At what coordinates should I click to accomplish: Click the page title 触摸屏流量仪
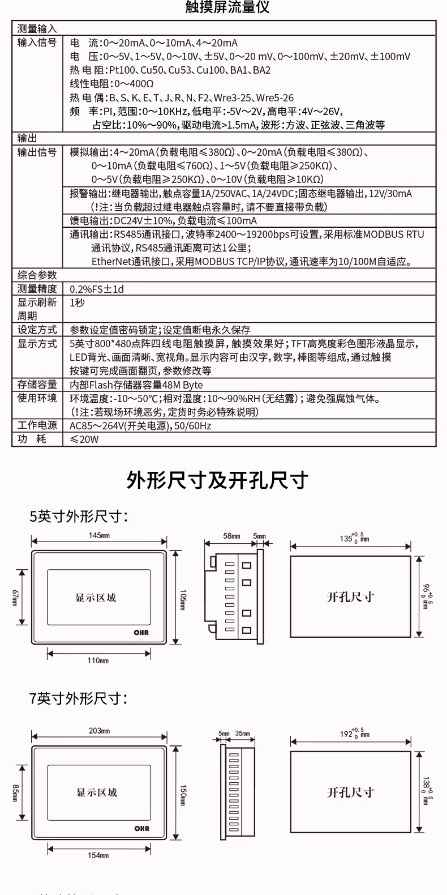click(227, 7)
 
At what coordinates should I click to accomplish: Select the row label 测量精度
click(37, 289)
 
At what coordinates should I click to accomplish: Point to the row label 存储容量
click(37, 385)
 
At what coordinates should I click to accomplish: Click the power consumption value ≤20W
click(84, 439)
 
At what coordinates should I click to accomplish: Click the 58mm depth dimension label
click(231, 536)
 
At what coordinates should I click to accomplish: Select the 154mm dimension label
click(98, 855)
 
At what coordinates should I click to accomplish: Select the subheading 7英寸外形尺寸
click(78, 698)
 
